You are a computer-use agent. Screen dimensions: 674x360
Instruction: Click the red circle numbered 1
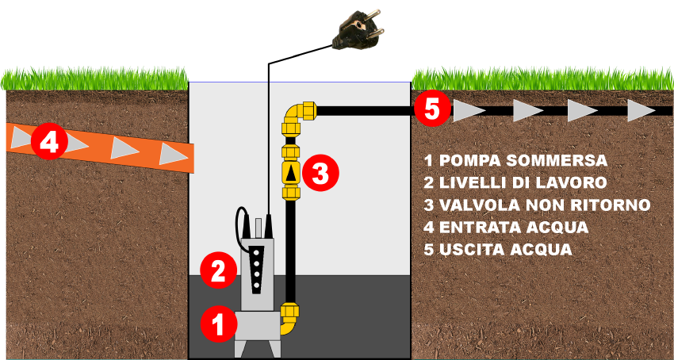click(x=219, y=324)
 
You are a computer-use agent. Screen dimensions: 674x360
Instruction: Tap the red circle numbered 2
click(x=219, y=270)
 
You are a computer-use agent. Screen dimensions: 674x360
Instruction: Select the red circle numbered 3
click(x=320, y=174)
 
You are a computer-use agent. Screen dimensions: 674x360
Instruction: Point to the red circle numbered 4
click(x=49, y=141)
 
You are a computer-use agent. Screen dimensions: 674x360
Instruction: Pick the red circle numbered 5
click(x=432, y=109)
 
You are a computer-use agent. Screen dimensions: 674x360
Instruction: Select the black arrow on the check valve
click(x=291, y=174)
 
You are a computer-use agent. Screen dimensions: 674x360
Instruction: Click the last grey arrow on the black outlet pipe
click(x=641, y=110)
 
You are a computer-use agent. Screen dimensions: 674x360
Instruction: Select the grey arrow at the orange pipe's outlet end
click(x=173, y=154)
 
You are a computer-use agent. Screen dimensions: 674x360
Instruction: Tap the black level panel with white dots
click(x=257, y=270)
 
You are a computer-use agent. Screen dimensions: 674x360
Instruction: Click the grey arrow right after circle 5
click(x=469, y=110)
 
